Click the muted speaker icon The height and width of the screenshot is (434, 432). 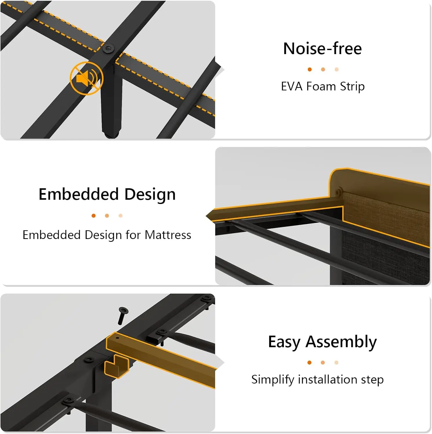[x=86, y=78]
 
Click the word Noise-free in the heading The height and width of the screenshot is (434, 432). [x=322, y=48]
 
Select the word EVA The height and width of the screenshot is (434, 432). [x=292, y=87]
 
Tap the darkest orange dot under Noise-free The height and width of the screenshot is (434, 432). [x=310, y=69]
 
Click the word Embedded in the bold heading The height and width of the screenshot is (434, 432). [x=78, y=194]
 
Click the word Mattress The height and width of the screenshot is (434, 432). [x=168, y=235]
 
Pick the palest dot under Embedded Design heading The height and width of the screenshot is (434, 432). [x=120, y=216]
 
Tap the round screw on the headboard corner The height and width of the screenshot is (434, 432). [x=337, y=192]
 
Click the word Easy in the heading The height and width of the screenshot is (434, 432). [x=284, y=342]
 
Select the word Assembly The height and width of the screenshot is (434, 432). [x=341, y=342]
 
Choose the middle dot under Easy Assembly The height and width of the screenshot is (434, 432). [x=323, y=363]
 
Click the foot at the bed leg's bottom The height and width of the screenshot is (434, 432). [x=111, y=135]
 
